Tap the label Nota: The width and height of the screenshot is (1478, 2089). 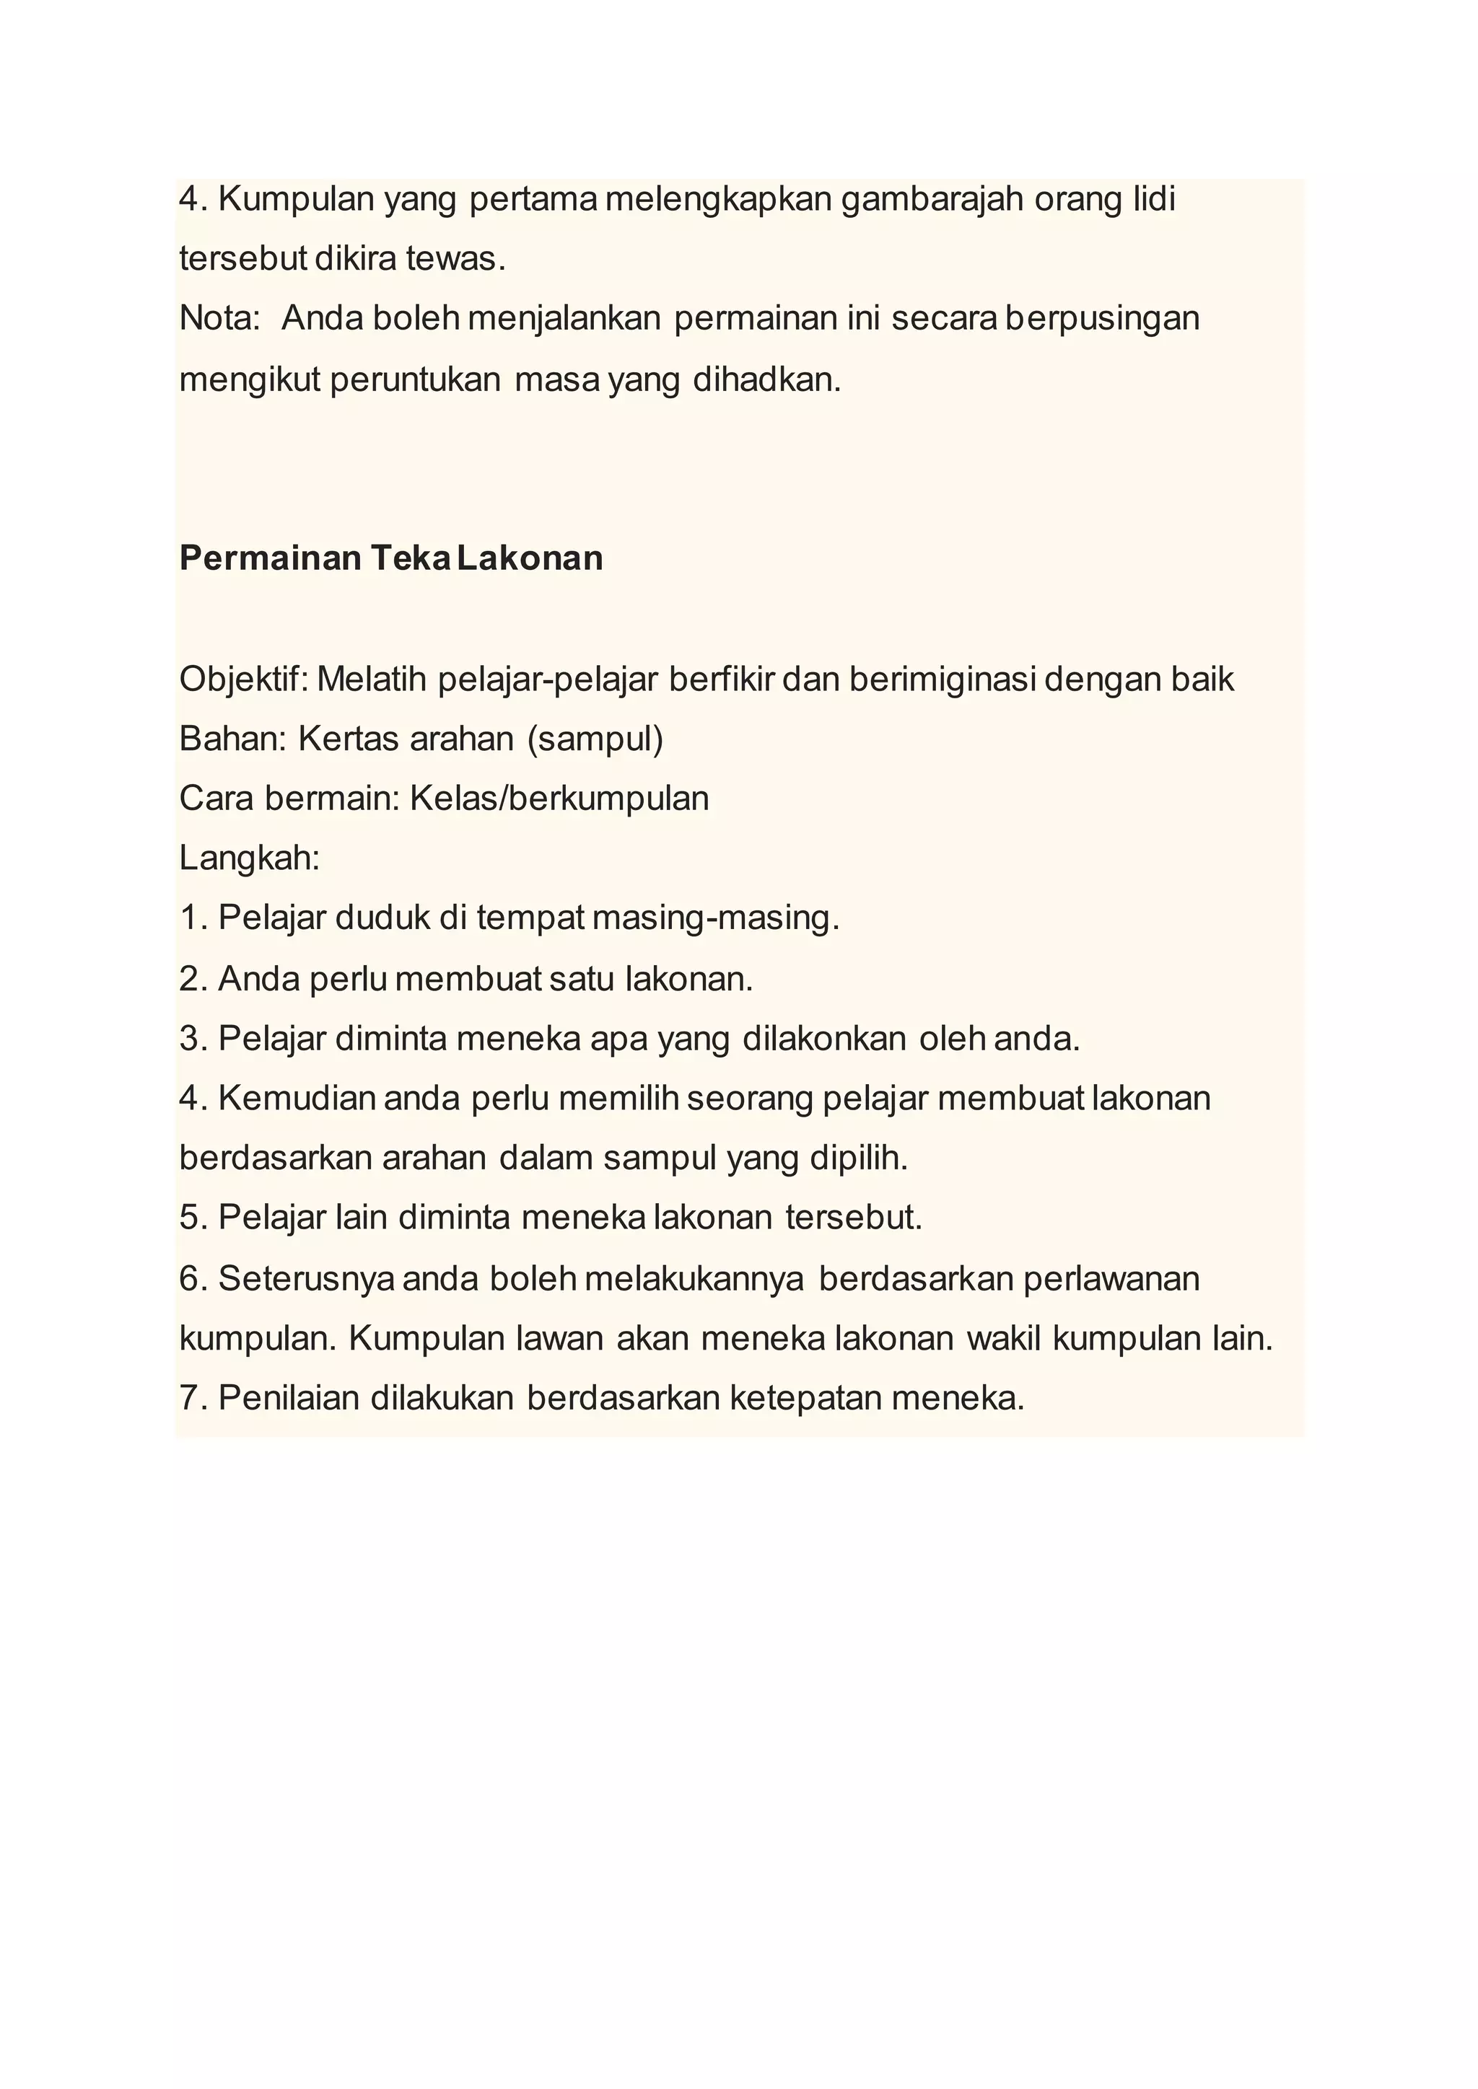click(x=219, y=318)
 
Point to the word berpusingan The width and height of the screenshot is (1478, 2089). click(x=1103, y=318)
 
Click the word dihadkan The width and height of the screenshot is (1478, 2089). click(x=767, y=379)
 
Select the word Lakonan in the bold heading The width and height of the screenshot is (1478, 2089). click(x=530, y=558)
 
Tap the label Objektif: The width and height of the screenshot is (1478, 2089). click(x=243, y=679)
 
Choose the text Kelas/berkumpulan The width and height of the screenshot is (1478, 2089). click(x=559, y=798)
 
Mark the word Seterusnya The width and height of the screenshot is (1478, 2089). click(x=307, y=1278)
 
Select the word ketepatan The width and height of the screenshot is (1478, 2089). click(x=806, y=1399)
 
